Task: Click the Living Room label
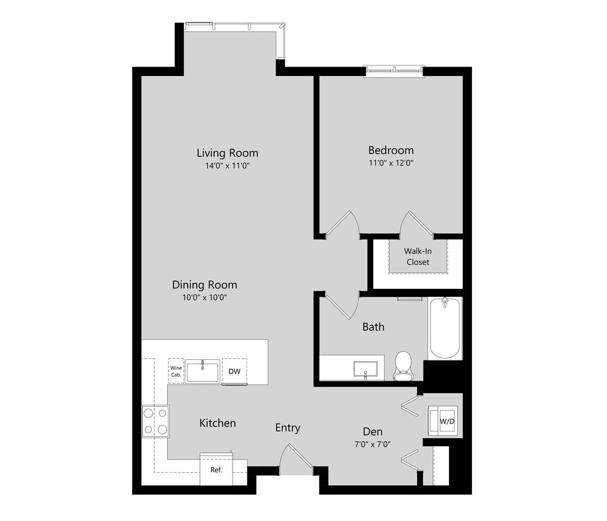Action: point(227,153)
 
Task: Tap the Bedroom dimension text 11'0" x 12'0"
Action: point(390,164)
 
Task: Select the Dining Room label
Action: point(204,285)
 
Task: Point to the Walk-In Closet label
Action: point(417,257)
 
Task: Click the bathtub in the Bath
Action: point(445,328)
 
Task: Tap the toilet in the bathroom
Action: point(403,366)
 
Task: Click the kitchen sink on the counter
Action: point(202,372)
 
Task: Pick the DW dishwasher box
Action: point(234,372)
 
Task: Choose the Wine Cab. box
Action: point(176,372)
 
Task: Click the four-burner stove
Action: point(155,421)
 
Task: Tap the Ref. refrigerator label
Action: point(216,470)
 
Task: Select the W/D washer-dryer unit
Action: point(445,421)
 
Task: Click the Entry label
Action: point(287,428)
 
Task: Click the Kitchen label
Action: point(217,423)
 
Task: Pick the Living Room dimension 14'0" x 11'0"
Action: point(227,166)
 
